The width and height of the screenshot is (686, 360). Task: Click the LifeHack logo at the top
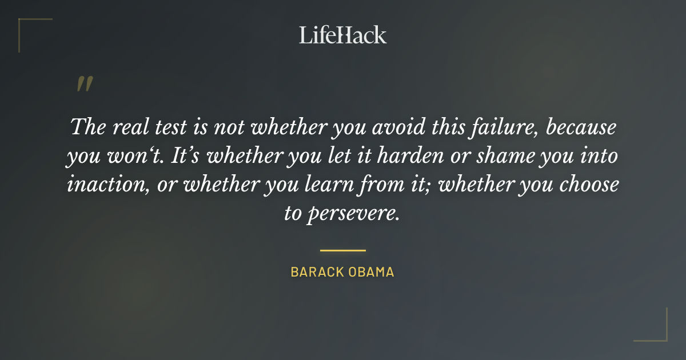[342, 35]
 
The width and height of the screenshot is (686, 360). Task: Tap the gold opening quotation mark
[85, 85]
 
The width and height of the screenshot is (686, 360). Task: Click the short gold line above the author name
[342, 250]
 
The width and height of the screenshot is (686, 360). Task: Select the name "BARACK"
[316, 272]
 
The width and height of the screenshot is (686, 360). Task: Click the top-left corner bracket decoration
[23, 23]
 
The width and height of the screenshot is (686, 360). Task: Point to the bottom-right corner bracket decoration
[663, 337]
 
